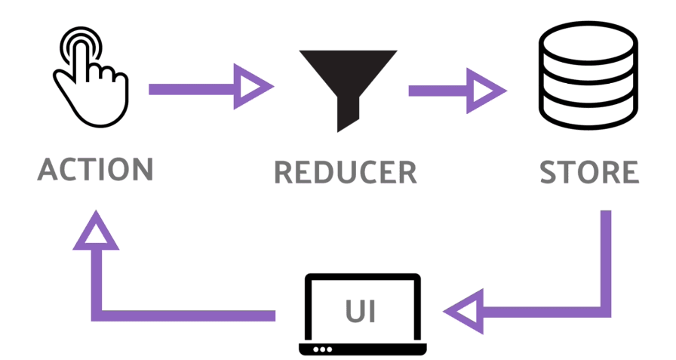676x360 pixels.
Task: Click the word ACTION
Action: click(95, 169)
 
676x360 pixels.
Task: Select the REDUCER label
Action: click(346, 173)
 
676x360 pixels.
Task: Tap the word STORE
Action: click(589, 172)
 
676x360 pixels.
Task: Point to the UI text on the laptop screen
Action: click(361, 311)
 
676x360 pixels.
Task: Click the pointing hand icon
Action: click(91, 77)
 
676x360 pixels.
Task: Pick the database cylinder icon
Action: click(588, 75)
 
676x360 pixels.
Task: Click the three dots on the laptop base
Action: click(322, 349)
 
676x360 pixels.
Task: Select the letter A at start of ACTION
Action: click(48, 169)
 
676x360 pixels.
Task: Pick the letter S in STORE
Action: click(548, 172)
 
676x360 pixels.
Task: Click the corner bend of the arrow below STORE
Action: click(606, 312)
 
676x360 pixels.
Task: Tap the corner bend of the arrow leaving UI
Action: click(97, 315)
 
